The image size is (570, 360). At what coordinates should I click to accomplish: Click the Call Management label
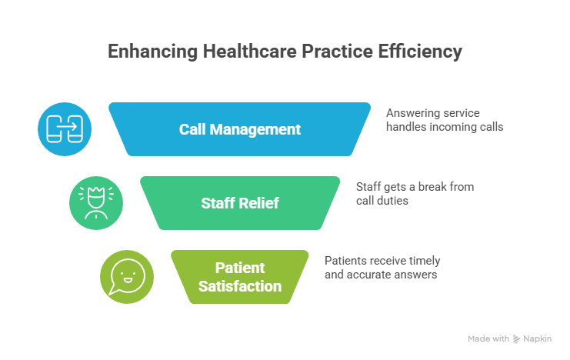pyautogui.click(x=240, y=129)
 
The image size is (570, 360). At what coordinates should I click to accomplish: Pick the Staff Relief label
pyautogui.click(x=240, y=204)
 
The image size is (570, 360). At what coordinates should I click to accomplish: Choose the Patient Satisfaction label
pyautogui.click(x=240, y=278)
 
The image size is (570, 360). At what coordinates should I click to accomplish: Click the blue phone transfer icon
pyautogui.click(x=65, y=128)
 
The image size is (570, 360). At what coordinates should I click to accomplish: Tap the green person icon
pyautogui.click(x=96, y=204)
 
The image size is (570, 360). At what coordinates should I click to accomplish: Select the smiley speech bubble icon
pyautogui.click(x=127, y=277)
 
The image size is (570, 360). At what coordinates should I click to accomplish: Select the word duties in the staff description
pyautogui.click(x=393, y=200)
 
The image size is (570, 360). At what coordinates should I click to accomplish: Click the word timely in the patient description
pyautogui.click(x=422, y=260)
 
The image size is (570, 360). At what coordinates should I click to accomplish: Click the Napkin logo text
pyautogui.click(x=538, y=338)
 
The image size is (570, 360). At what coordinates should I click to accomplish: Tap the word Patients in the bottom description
pyautogui.click(x=346, y=260)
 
